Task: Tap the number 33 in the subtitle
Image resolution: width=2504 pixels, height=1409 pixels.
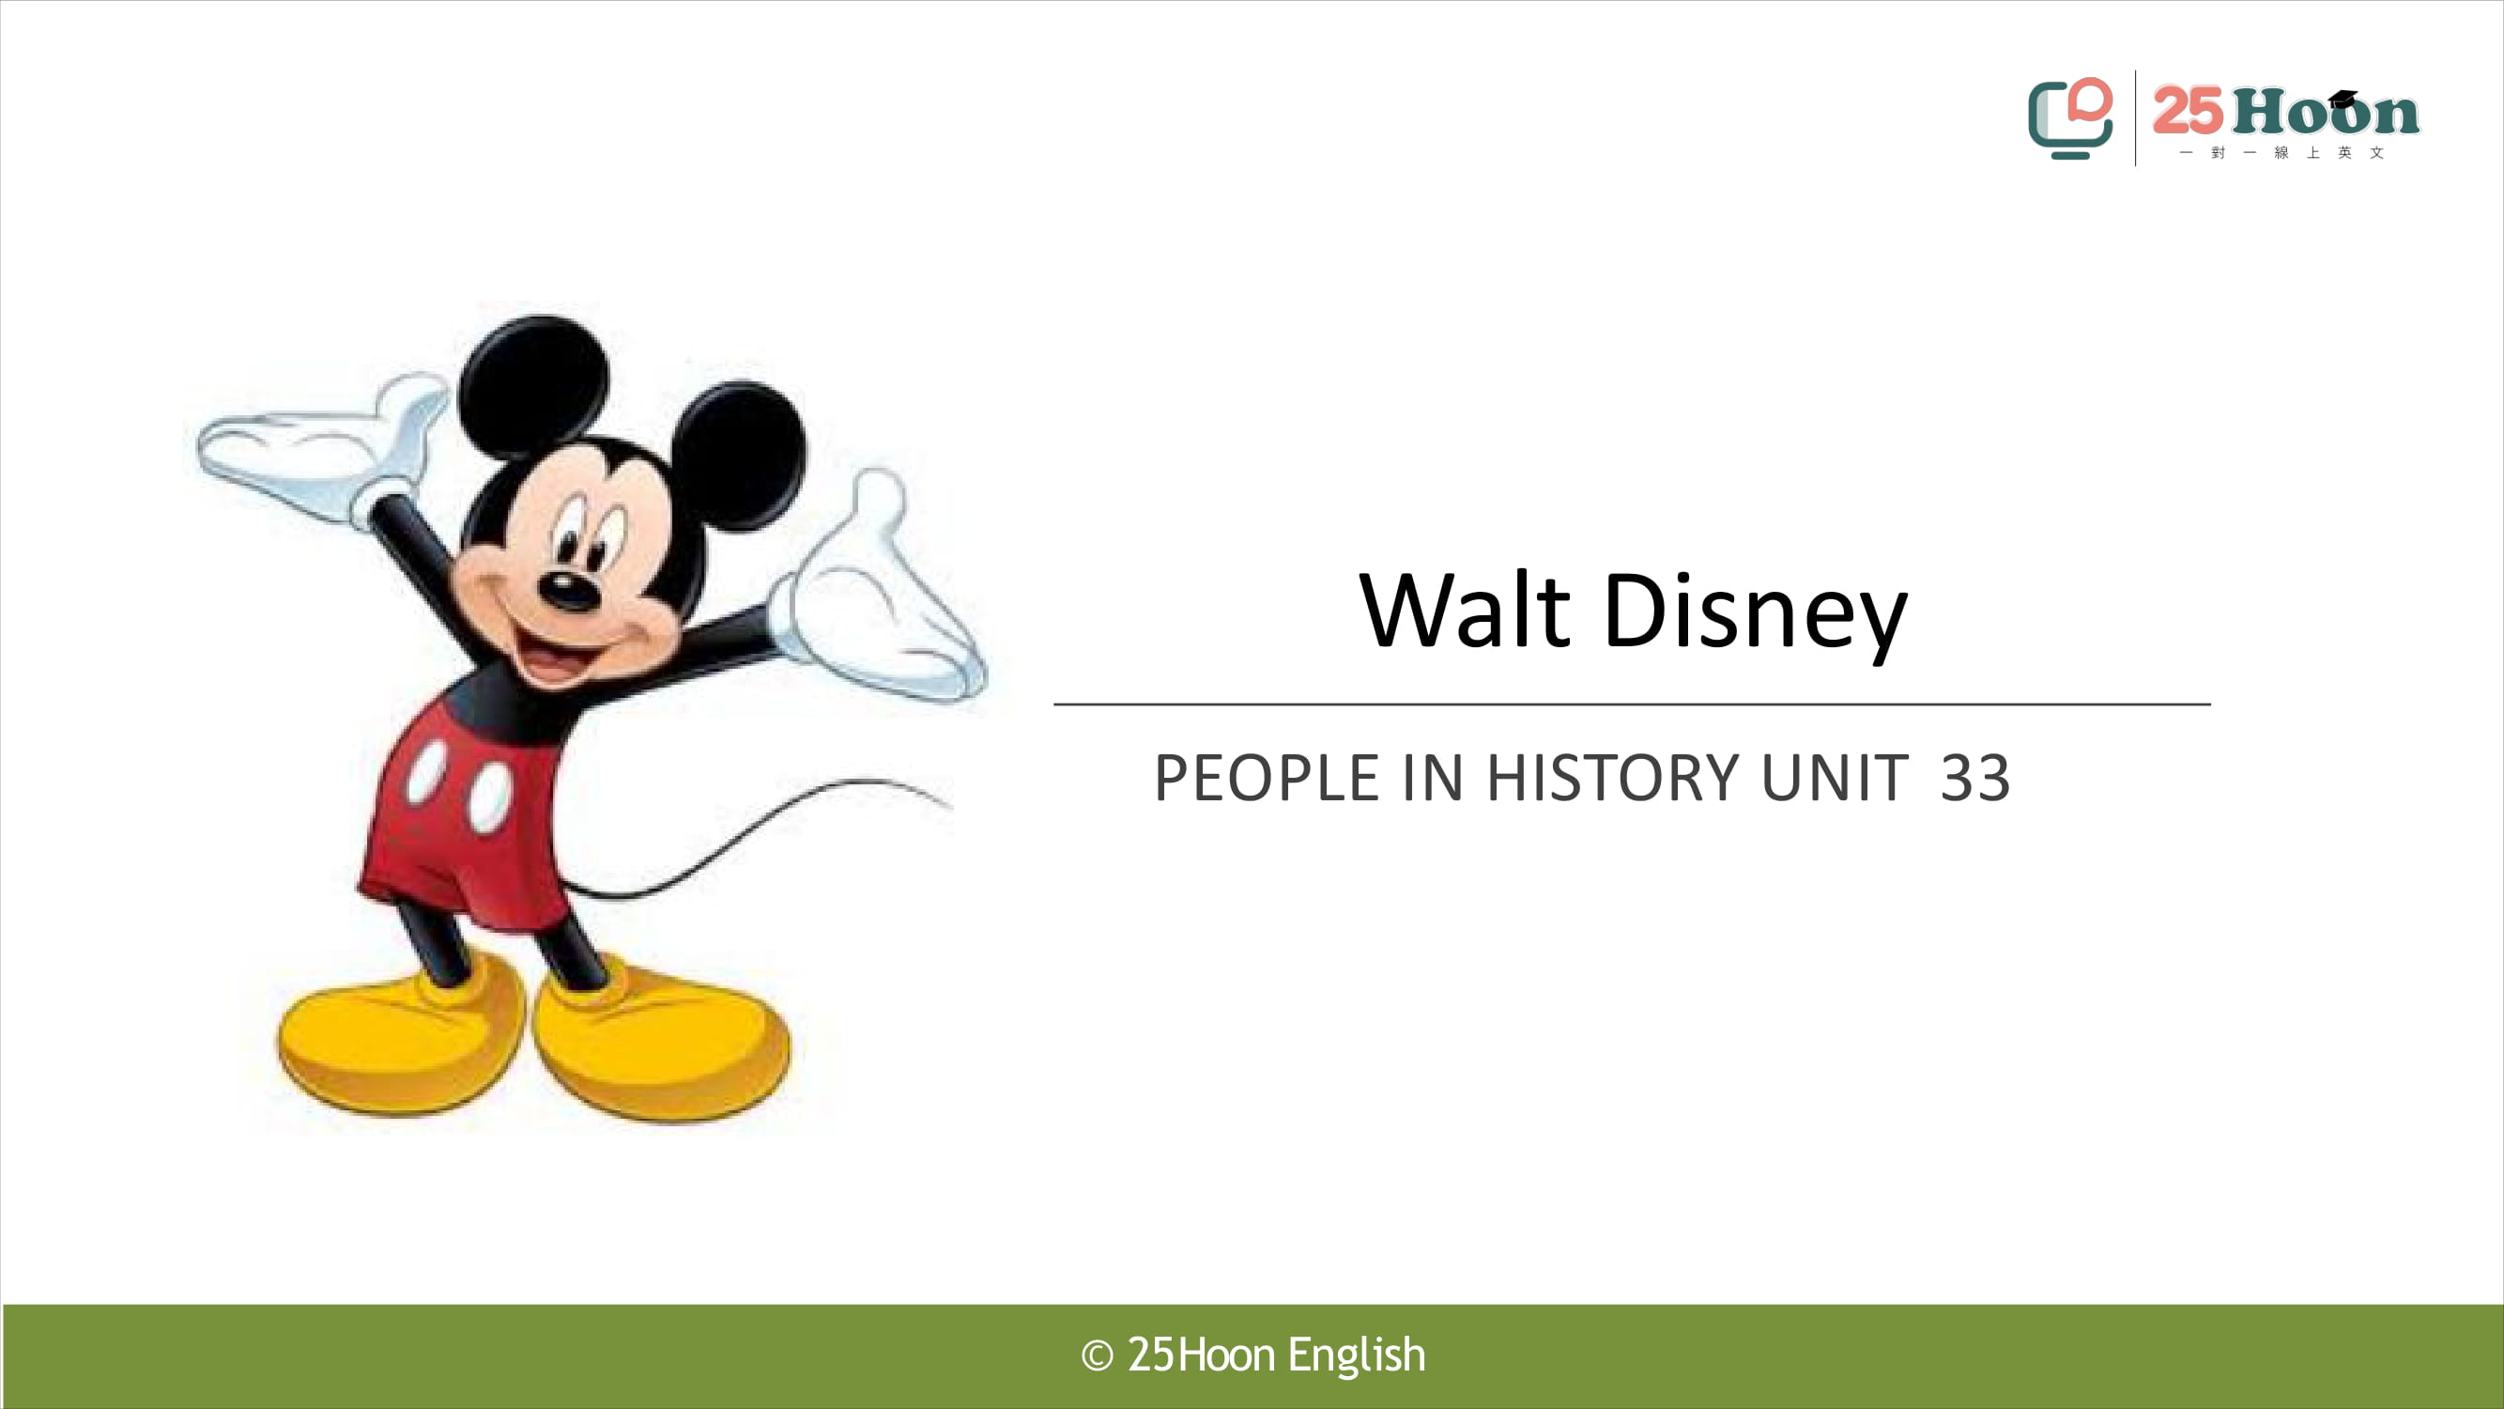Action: pyautogui.click(x=1975, y=778)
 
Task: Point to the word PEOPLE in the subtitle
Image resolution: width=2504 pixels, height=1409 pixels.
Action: pyautogui.click(x=1266, y=778)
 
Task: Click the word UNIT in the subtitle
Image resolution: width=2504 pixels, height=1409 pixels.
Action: pyautogui.click(x=1835, y=778)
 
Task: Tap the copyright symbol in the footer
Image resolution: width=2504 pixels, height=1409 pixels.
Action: pyautogui.click(x=1097, y=1355)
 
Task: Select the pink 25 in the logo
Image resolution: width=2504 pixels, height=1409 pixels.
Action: pyautogui.click(x=2187, y=111)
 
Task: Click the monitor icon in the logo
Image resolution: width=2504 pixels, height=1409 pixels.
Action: pyautogui.click(x=2069, y=118)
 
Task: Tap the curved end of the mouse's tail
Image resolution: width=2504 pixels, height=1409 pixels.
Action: pyautogui.click(x=947, y=803)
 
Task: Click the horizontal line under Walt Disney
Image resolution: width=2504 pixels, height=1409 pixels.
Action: pyautogui.click(x=1632, y=703)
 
